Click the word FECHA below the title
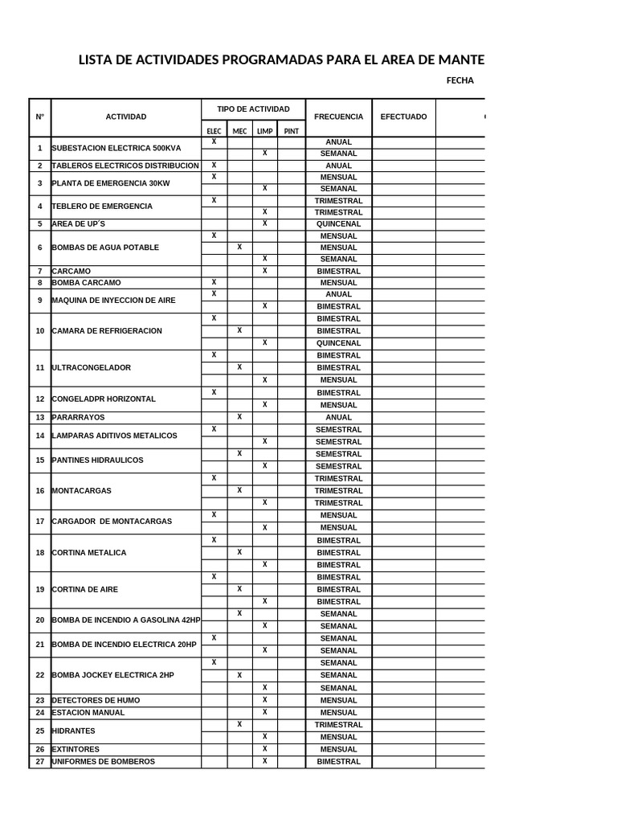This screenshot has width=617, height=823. (460, 80)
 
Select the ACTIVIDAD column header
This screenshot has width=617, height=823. (126, 117)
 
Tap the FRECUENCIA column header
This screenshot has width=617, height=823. (338, 117)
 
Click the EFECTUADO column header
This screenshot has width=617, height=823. (403, 117)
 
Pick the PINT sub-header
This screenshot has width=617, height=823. (291, 131)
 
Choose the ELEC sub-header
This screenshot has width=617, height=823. (214, 131)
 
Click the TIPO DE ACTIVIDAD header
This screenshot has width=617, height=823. (253, 109)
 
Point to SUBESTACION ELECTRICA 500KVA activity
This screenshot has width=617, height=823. (116, 148)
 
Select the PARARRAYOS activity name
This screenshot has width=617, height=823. (78, 418)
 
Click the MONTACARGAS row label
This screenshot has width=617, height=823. (82, 491)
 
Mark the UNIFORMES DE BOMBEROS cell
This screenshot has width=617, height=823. (104, 761)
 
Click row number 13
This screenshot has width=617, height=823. (40, 418)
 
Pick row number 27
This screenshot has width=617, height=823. (40, 761)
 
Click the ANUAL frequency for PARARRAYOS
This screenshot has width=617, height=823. (338, 418)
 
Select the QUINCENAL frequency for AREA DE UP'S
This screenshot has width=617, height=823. (338, 224)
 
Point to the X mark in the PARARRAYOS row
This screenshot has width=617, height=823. (239, 417)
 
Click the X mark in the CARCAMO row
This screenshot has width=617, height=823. (264, 271)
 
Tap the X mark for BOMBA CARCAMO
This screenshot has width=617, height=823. (214, 283)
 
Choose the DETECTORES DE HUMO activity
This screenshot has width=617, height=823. (96, 700)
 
